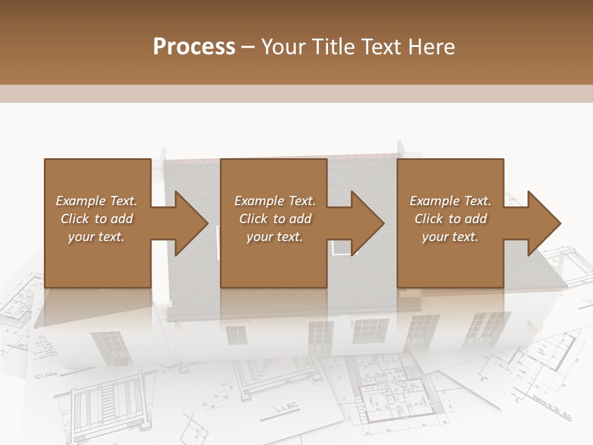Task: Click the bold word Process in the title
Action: pyautogui.click(x=194, y=47)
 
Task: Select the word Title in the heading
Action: pyautogui.click(x=333, y=47)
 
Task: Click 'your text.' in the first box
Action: pyautogui.click(x=96, y=237)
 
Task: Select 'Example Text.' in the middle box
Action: pyautogui.click(x=275, y=201)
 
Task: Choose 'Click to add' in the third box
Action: pyautogui.click(x=451, y=219)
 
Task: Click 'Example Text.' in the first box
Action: pyautogui.click(x=96, y=201)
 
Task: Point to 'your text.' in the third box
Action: pyautogui.click(x=450, y=237)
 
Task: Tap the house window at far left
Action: pyautogui.click(x=109, y=347)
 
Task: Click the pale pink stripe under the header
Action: pyautogui.click(x=296, y=94)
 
